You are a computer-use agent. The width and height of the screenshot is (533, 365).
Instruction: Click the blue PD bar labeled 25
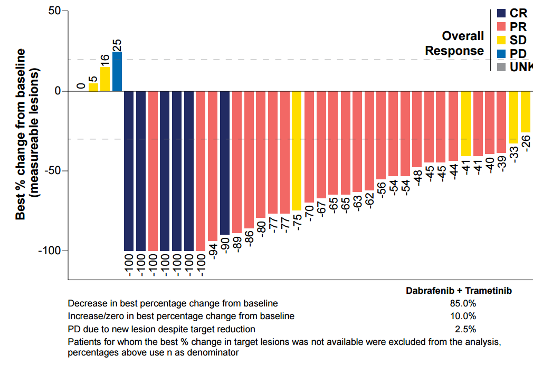(x=117, y=71)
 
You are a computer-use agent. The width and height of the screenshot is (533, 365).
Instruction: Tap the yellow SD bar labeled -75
(x=297, y=151)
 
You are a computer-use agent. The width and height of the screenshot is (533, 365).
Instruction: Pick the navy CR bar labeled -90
(x=225, y=163)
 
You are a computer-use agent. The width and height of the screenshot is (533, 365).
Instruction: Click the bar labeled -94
(x=213, y=166)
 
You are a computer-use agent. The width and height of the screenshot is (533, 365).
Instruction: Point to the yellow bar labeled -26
(x=526, y=112)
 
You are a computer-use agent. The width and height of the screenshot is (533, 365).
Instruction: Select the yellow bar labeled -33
(x=513, y=117)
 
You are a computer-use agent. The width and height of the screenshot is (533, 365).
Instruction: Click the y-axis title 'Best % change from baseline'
(x=21, y=134)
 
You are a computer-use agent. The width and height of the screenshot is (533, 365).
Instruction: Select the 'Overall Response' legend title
(x=455, y=43)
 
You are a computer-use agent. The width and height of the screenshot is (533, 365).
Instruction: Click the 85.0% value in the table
(x=464, y=304)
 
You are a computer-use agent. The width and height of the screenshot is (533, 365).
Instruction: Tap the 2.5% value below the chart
(x=465, y=329)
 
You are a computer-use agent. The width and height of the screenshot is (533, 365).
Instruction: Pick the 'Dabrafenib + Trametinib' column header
(x=459, y=291)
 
